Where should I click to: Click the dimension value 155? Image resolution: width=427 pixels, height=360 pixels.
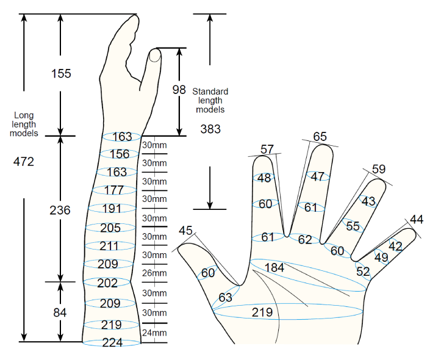coord(61,73)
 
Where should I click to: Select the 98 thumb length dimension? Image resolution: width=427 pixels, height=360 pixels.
coord(179,90)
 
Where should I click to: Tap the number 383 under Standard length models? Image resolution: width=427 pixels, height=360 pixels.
coord(210,129)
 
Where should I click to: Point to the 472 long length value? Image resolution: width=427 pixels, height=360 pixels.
coord(24,162)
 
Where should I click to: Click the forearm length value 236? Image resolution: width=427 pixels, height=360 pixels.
coord(60,211)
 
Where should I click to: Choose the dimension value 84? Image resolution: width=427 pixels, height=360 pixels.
coord(60,312)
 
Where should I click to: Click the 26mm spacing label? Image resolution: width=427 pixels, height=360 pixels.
coord(154,273)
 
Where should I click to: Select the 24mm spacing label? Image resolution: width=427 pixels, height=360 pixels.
coord(154,333)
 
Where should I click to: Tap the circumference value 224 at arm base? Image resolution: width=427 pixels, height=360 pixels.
coord(112,342)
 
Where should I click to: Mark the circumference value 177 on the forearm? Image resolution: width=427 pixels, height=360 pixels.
coord(115,190)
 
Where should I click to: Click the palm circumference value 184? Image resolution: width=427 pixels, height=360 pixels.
coord(274,268)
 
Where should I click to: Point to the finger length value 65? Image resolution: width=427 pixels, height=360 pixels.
coord(320,137)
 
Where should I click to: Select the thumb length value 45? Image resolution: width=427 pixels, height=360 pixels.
coord(185,231)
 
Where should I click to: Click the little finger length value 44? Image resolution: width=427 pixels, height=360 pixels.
coord(417,220)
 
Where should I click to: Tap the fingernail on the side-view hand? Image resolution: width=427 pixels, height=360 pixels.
coord(155,56)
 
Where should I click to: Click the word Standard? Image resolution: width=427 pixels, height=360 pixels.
coord(210,92)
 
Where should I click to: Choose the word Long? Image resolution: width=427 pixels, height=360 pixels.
coord(24,115)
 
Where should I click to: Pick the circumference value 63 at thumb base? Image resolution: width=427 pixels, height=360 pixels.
coord(226,297)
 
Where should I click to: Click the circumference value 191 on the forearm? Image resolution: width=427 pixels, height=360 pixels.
coord(112,209)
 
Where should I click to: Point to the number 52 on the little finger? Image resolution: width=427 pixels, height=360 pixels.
coord(363,272)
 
